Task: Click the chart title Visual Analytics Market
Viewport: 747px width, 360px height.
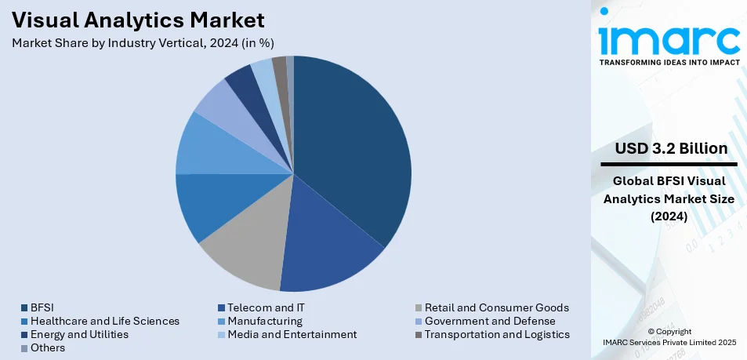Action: tap(138, 19)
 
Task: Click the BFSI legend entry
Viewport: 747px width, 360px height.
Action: tap(42, 307)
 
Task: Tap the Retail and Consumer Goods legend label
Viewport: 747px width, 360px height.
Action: tap(496, 307)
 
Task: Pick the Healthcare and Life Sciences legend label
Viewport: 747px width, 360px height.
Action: tap(104, 321)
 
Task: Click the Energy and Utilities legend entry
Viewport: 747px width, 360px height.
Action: tap(79, 334)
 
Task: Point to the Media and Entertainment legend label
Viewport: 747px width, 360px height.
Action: tap(292, 334)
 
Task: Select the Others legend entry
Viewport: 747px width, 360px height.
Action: tap(48, 347)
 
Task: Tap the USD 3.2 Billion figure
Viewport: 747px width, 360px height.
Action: tap(671, 148)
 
